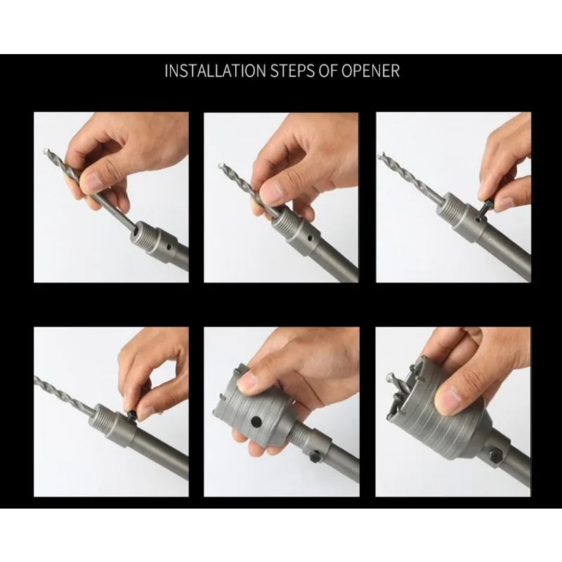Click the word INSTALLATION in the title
coord(216,71)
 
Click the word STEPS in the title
coord(292,71)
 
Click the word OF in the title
coord(328,71)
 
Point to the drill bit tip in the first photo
coord(46,151)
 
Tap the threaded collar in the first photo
coord(143,233)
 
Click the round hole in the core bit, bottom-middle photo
coord(256,421)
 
